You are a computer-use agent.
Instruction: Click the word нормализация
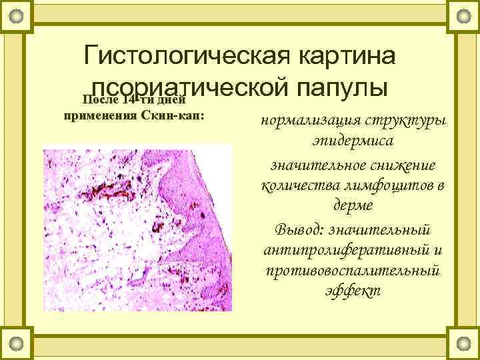point(309,123)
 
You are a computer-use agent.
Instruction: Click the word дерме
point(353,206)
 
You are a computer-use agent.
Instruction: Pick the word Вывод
point(298,228)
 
